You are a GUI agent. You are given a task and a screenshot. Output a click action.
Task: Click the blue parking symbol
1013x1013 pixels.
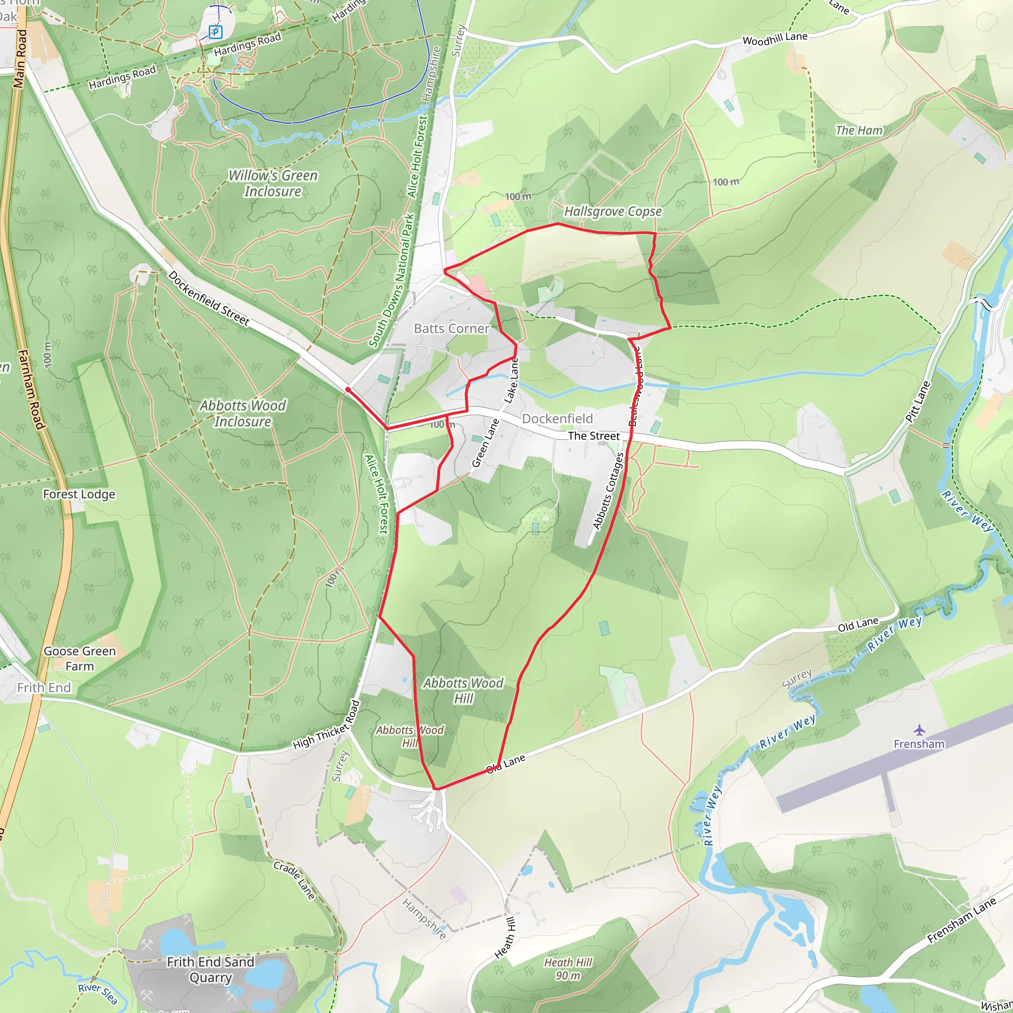click(215, 32)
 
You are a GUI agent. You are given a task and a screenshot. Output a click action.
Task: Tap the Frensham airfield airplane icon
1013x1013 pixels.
click(919, 730)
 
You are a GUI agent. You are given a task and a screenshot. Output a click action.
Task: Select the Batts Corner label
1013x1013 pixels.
click(452, 329)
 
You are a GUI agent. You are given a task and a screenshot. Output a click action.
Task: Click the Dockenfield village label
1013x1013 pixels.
click(557, 418)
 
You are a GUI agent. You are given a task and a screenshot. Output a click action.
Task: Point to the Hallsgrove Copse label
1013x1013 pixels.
click(612, 211)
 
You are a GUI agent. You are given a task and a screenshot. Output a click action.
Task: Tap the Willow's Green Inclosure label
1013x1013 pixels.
click(273, 183)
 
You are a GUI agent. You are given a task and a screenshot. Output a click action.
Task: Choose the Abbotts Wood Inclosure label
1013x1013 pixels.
click(242, 413)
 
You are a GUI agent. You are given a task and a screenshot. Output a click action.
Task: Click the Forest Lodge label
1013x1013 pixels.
click(79, 494)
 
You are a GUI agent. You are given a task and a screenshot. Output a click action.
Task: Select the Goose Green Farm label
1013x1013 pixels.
click(80, 658)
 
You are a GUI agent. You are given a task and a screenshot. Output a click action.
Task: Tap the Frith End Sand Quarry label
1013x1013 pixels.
click(210, 969)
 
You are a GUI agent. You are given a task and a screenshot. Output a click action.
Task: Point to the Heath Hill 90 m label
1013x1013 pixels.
click(568, 969)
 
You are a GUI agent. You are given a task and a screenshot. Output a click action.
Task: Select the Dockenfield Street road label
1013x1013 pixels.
click(208, 298)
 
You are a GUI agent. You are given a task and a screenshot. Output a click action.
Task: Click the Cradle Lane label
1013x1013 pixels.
click(294, 881)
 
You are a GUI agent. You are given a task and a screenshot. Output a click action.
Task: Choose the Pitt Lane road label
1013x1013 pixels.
click(918, 402)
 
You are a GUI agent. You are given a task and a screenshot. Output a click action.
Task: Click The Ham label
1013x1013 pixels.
click(859, 130)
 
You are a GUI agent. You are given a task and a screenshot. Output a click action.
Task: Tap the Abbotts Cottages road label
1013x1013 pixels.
click(608, 491)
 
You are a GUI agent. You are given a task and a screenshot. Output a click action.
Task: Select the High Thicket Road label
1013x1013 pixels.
click(326, 726)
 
